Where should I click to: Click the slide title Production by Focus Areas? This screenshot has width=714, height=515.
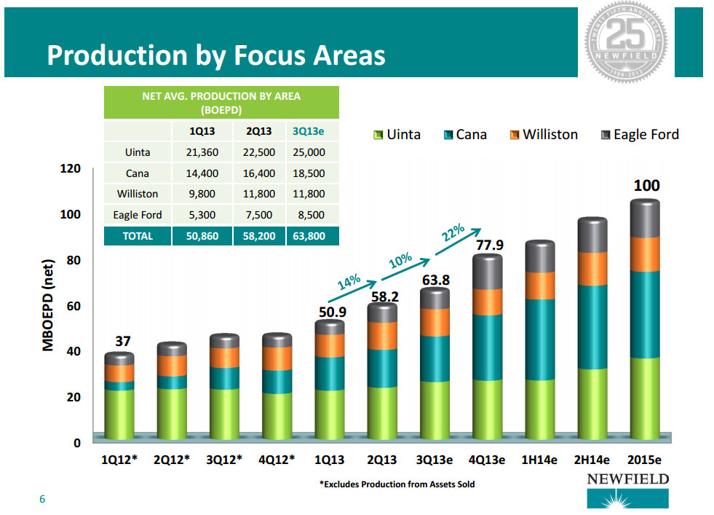click(215, 55)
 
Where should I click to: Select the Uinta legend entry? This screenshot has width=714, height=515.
click(396, 135)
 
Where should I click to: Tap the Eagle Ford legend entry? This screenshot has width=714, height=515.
click(640, 135)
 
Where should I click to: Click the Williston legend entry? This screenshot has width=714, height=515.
click(543, 135)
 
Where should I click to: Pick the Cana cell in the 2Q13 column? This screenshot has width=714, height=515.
click(258, 174)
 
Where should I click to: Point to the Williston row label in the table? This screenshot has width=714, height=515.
click(138, 194)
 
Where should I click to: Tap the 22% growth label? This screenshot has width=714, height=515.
click(453, 233)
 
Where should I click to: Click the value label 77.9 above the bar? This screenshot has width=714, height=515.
click(489, 245)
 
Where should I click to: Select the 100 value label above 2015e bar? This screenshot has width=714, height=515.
click(646, 186)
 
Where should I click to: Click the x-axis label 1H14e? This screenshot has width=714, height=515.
click(540, 461)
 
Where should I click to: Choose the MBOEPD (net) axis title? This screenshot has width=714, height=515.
click(48, 305)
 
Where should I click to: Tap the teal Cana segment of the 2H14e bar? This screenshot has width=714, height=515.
click(592, 326)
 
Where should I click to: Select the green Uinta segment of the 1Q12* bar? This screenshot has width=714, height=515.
click(119, 413)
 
